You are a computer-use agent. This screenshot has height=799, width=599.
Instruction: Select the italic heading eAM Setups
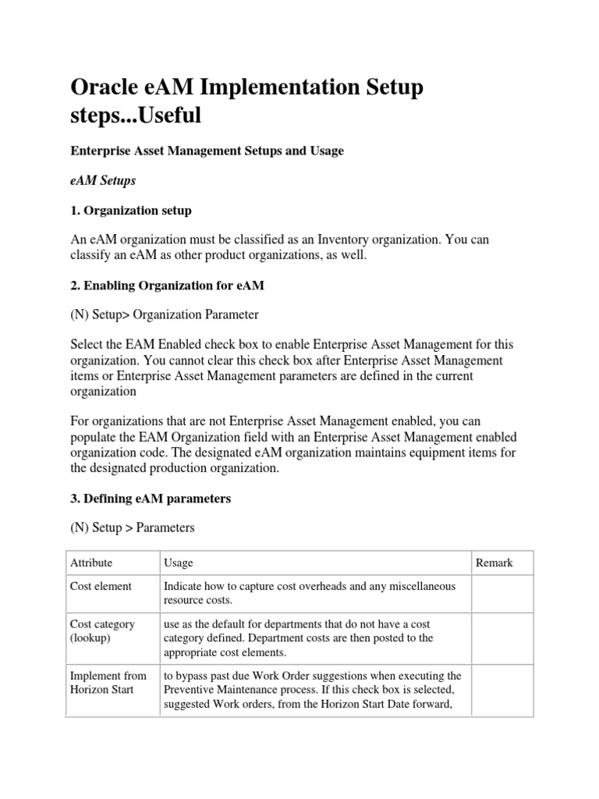point(103,180)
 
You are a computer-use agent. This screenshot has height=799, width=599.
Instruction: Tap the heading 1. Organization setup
point(131,211)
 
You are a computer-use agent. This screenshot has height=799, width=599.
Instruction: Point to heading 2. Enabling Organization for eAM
point(167,286)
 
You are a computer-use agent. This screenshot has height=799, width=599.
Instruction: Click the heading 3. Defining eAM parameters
point(151,498)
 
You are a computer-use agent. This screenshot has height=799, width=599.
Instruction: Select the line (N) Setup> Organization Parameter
point(164,314)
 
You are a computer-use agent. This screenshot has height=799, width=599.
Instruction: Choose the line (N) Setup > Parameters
point(133,527)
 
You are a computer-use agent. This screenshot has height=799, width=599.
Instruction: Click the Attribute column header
point(91,563)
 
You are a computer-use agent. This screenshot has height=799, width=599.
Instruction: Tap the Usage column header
point(179,563)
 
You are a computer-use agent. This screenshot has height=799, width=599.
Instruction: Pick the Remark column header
point(494,563)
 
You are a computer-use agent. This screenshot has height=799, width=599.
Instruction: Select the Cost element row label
point(101,586)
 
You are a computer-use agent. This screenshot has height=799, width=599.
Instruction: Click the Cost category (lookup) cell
point(102,631)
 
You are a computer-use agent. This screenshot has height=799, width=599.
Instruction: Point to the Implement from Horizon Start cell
point(108,683)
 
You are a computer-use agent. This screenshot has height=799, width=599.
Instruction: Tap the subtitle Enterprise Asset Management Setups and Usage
point(207,151)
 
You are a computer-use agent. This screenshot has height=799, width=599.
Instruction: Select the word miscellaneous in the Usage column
point(422,586)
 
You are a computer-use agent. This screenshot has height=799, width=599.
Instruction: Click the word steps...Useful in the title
point(136,115)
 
